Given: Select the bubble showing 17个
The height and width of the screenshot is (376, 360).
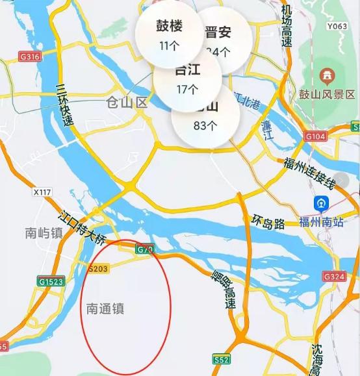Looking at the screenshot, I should coord(186,79).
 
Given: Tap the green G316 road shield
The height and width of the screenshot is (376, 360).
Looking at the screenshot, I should coord(31,57).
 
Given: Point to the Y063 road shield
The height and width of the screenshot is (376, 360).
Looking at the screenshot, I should coord(337,27).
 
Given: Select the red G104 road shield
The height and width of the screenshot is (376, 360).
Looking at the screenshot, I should coord(315,136).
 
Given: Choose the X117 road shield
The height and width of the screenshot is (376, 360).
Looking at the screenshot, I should coord(42,192).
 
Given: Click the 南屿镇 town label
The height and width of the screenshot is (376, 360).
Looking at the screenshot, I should coord(44,232).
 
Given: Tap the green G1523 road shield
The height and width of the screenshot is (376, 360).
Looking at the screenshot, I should coord(50,281).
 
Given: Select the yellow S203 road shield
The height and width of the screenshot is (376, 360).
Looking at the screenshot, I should coord(97,267).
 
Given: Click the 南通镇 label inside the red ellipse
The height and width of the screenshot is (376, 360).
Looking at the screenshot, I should coord(105,309).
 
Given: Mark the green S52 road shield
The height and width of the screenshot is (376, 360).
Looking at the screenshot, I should coord(221,358).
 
